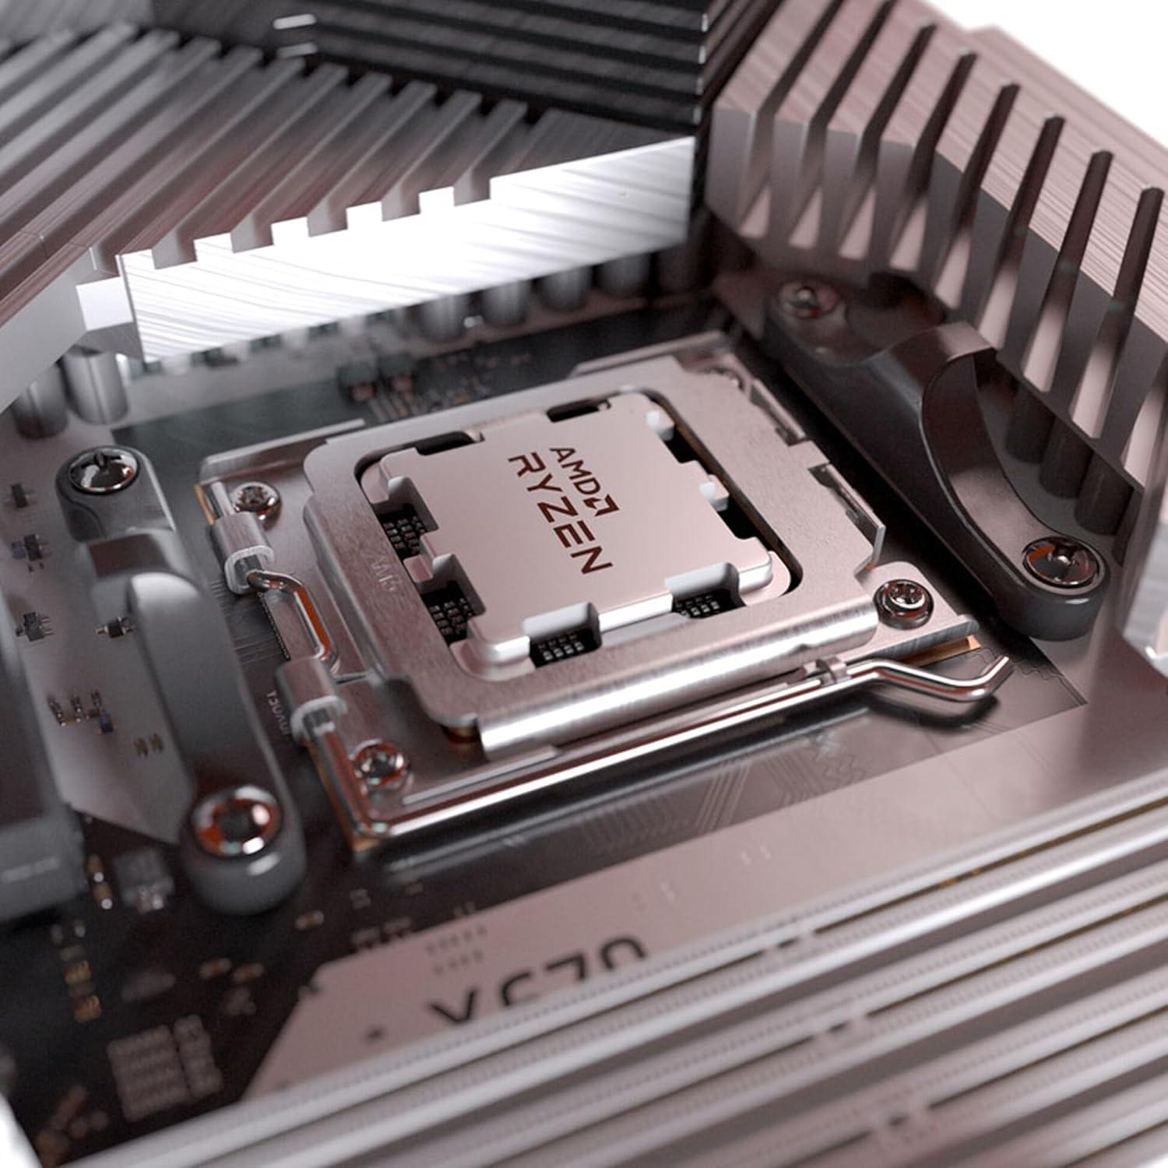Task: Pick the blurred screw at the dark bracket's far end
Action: coord(802,297)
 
